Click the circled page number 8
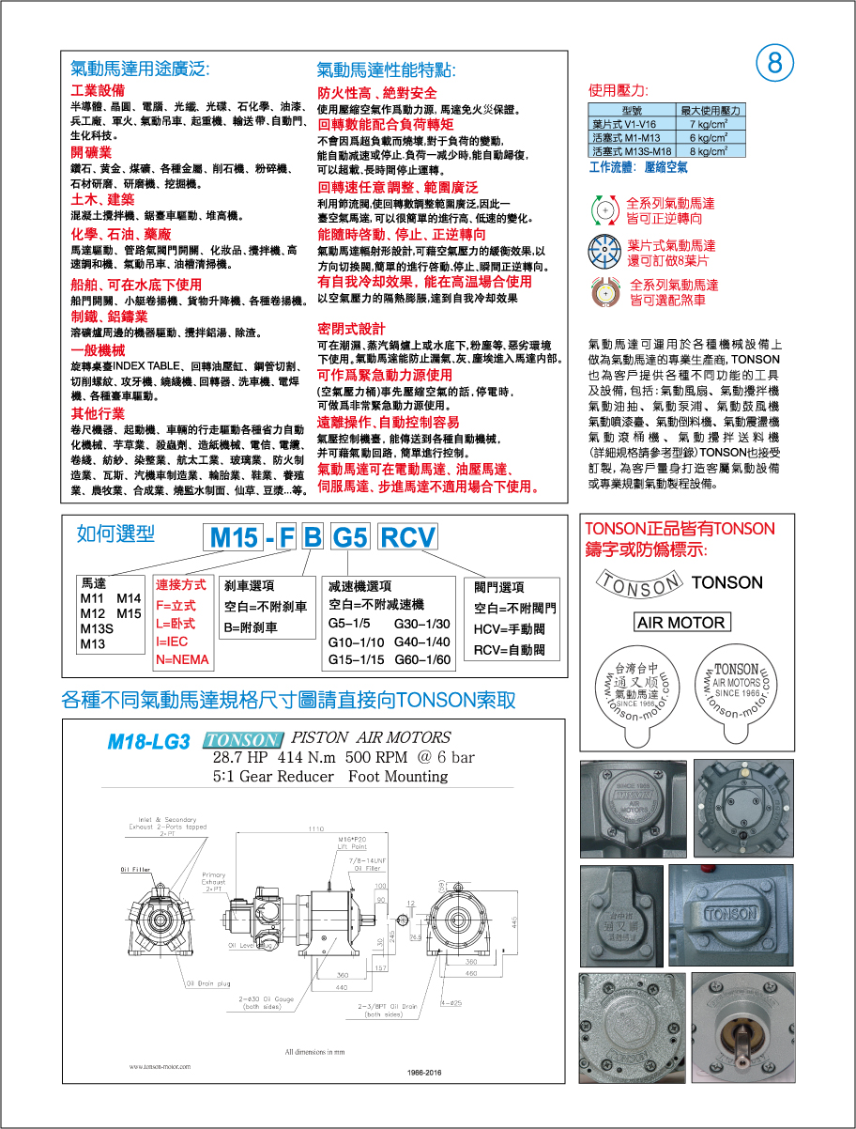click(775, 63)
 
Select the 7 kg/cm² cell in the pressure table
click(710, 124)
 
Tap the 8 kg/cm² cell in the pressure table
click(710, 150)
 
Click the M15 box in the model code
click(234, 538)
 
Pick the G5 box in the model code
click(350, 538)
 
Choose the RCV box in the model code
click(407, 538)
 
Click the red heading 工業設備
click(98, 91)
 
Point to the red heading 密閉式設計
click(351, 329)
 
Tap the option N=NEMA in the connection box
click(182, 659)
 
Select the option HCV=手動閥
click(509, 629)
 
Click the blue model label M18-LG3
click(148, 742)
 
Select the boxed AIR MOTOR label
click(680, 623)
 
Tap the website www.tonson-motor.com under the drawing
click(166, 1066)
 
